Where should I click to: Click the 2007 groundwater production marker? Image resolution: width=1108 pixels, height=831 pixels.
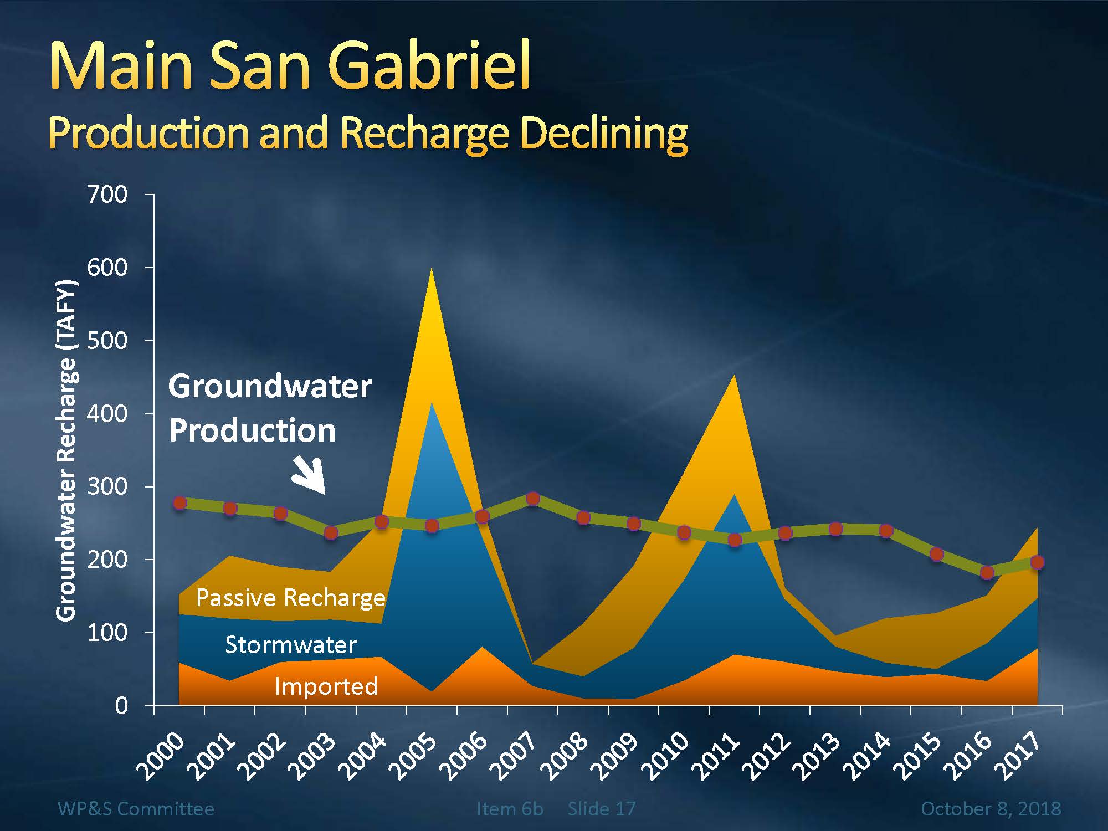[533, 499]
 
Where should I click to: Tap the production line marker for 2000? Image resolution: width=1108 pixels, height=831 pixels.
[179, 503]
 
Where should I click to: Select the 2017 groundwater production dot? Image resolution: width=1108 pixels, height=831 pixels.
[1037, 562]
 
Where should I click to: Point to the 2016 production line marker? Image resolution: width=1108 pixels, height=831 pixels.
[987, 572]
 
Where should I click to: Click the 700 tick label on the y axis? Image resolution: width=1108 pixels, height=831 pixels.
[107, 194]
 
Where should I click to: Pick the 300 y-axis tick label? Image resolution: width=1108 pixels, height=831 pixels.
[107, 486]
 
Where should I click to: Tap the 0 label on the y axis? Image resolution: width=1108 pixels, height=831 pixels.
[121, 706]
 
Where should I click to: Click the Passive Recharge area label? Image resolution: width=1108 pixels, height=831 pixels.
[290, 598]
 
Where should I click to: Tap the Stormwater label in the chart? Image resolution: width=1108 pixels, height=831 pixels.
[291, 645]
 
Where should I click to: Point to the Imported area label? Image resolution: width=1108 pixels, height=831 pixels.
[326, 686]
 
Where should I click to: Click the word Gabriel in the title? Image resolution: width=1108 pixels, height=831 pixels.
[432, 65]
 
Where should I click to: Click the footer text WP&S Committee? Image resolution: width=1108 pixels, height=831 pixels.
[136, 809]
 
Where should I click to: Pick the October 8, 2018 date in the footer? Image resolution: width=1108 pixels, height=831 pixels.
[991, 809]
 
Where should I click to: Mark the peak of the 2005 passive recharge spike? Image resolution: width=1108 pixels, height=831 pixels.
[432, 270]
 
